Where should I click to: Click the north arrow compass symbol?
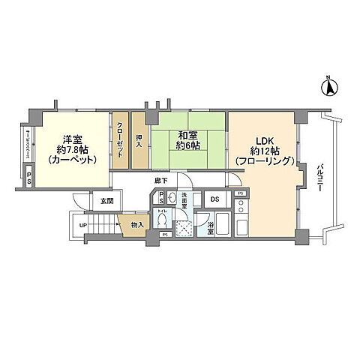tap(328, 87)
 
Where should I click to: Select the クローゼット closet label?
tap(121, 139)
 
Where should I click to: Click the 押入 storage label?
tap(139, 139)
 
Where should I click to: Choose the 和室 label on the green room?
tap(187, 136)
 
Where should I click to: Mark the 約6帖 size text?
tap(187, 146)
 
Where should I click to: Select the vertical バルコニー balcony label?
tap(319, 178)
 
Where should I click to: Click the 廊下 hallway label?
tap(160, 181)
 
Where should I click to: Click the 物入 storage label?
tap(136, 223)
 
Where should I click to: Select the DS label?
tap(214, 199)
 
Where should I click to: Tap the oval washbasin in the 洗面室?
tap(172, 198)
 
